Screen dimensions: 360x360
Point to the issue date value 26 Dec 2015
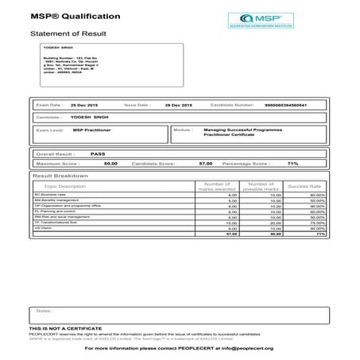(x=156, y=105)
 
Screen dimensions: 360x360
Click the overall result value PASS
(x=98, y=153)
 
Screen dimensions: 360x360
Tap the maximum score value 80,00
(x=110, y=163)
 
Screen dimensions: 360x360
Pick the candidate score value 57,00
(x=205, y=163)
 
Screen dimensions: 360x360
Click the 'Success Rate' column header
(x=304, y=186)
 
